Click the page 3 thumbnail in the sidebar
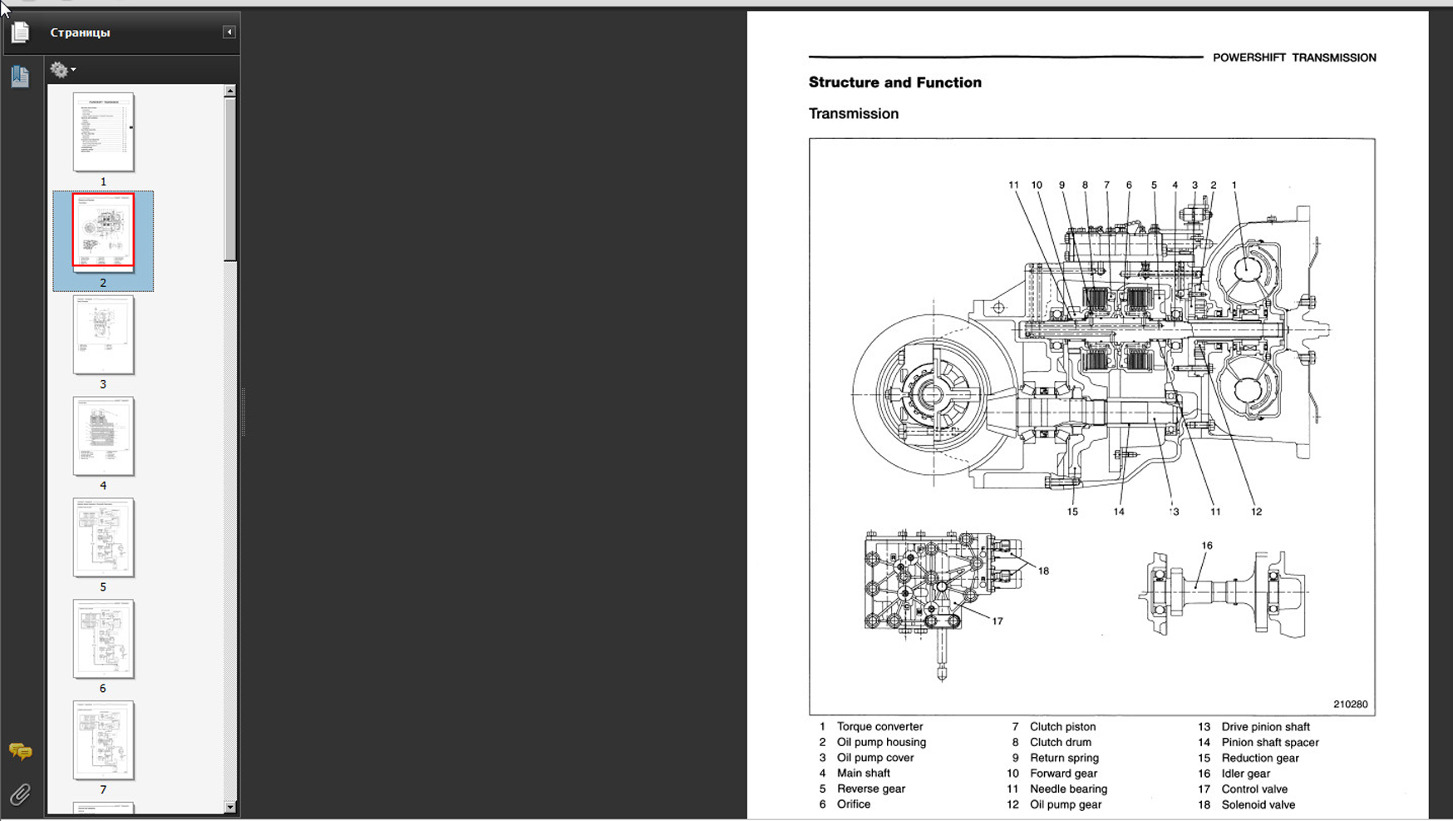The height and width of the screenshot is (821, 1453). [103, 334]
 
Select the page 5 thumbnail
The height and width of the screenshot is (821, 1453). [103, 537]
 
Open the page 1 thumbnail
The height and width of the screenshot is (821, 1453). [103, 132]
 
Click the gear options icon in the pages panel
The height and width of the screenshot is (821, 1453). [61, 70]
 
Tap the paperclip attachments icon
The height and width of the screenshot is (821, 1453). [20, 794]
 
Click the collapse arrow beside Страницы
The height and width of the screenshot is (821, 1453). [229, 32]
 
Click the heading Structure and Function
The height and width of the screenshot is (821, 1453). [894, 82]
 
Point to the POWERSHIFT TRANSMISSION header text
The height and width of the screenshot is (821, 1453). [1293, 57]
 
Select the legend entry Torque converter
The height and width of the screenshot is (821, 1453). [879, 726]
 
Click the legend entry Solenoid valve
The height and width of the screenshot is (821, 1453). [1258, 804]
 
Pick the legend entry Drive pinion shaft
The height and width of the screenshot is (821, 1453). [1265, 726]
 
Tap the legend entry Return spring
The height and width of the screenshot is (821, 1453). [1064, 758]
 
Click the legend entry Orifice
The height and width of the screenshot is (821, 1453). [854, 804]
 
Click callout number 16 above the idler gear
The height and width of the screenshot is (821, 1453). [1207, 546]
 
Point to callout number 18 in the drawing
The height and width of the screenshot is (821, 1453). [1043, 571]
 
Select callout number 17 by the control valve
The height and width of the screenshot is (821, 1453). [997, 621]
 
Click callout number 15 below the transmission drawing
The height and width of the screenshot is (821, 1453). [1072, 512]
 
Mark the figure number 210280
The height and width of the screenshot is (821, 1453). [1350, 704]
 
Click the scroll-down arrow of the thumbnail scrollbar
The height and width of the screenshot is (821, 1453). [230, 807]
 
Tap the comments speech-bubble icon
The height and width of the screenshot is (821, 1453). [20, 751]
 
